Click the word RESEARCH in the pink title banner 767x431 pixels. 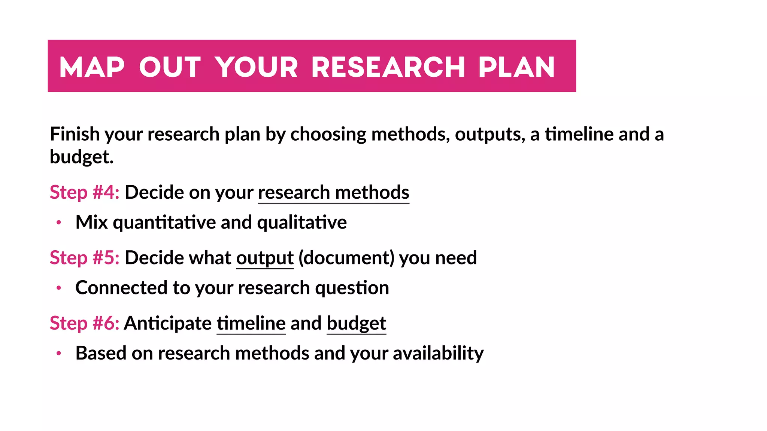tap(388, 67)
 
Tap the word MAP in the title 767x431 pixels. tap(92, 67)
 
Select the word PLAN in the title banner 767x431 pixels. tap(516, 67)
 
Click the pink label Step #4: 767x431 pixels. tap(85, 193)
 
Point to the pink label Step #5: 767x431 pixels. tap(85, 258)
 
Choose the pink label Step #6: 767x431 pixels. tap(85, 324)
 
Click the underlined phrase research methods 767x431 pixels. tap(333, 193)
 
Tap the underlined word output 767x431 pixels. tap(265, 258)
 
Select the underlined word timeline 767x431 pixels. tap(251, 324)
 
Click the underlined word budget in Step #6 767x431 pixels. tap(356, 324)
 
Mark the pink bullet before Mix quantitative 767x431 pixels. tap(59, 223)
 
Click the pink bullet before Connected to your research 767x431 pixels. tap(59, 288)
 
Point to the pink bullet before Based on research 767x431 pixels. tap(59, 354)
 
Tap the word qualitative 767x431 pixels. tap(302, 223)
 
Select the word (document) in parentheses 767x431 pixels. tap(346, 258)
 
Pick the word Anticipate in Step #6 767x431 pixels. tap(168, 324)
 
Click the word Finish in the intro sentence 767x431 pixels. tap(75, 134)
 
